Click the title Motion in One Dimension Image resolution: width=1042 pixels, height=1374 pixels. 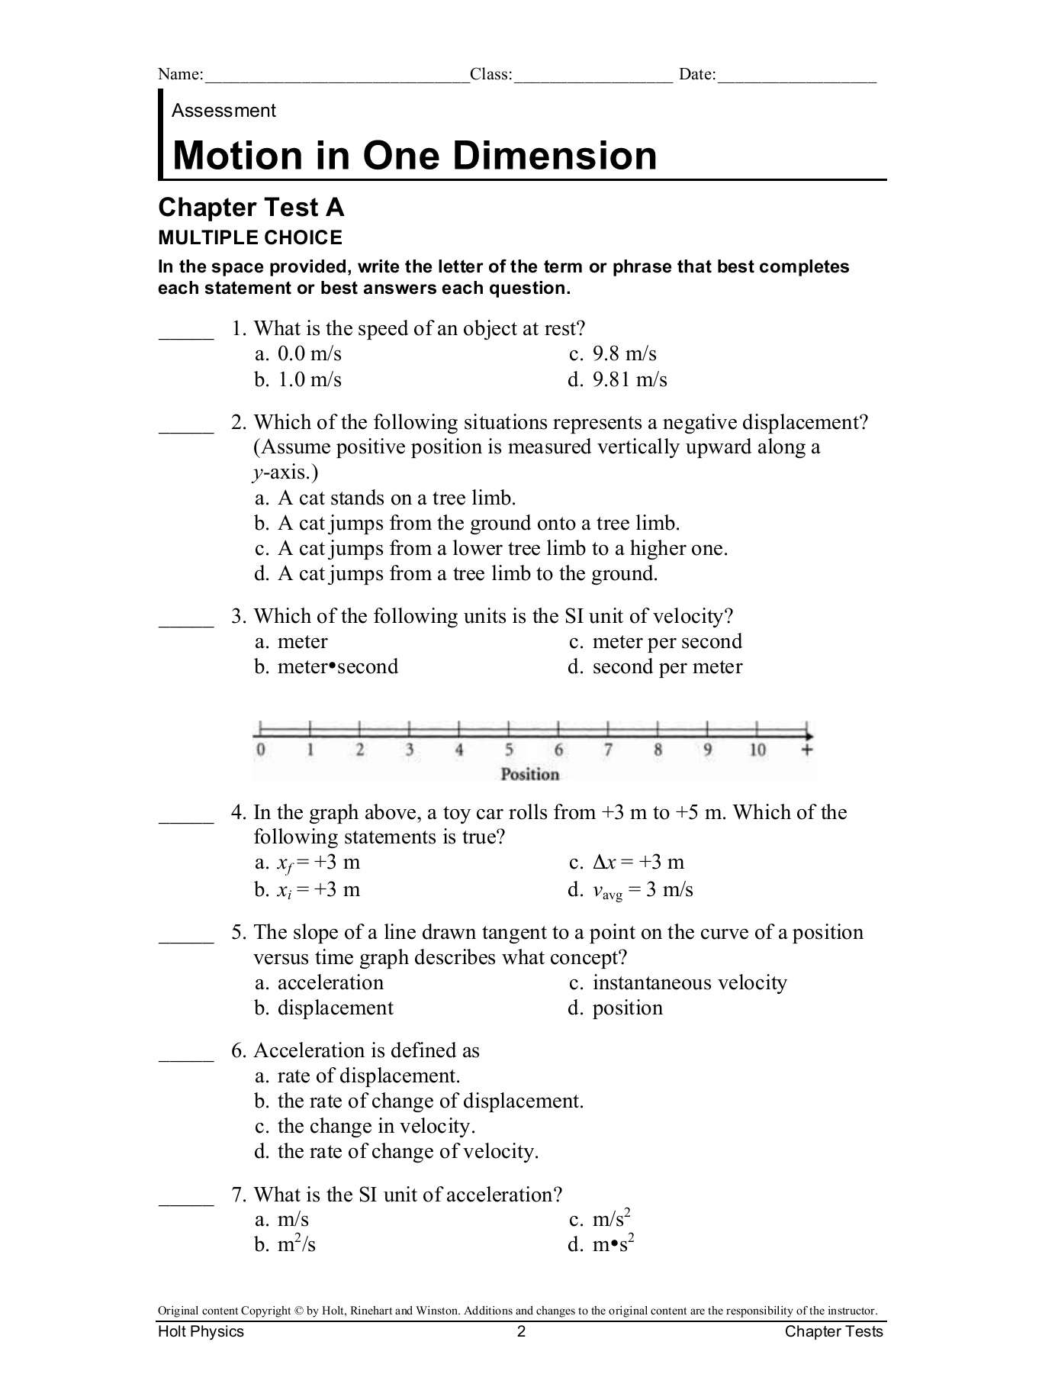tap(414, 156)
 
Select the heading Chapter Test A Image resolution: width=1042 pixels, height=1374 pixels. tap(250, 208)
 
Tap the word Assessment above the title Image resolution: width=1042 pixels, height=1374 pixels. tap(224, 111)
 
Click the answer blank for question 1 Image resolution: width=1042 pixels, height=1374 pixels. tap(185, 336)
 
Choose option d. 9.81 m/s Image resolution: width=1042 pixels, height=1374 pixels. tap(617, 379)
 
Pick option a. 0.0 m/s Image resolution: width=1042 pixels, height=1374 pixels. tap(298, 354)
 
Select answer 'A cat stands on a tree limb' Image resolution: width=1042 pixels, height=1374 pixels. tap(385, 498)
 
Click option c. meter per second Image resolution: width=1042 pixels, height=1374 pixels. tap(655, 642)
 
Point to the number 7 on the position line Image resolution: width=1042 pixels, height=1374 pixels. tap(608, 750)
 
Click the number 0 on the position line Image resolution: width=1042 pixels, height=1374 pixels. tap(260, 750)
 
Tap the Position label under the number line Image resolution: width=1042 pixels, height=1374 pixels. tap(530, 775)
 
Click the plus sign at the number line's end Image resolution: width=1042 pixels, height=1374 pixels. tap(808, 750)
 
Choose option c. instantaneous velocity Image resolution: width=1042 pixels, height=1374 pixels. tap(677, 983)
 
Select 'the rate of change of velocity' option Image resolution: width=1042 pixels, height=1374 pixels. tap(397, 1151)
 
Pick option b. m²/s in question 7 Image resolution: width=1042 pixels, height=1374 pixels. tap(285, 1245)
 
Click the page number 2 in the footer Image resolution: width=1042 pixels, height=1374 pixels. tap(522, 1332)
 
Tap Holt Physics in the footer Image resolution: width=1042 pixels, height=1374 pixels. tap(201, 1332)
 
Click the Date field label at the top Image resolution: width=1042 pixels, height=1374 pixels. tap(697, 75)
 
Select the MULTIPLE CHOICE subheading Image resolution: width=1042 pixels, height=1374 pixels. tap(250, 238)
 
